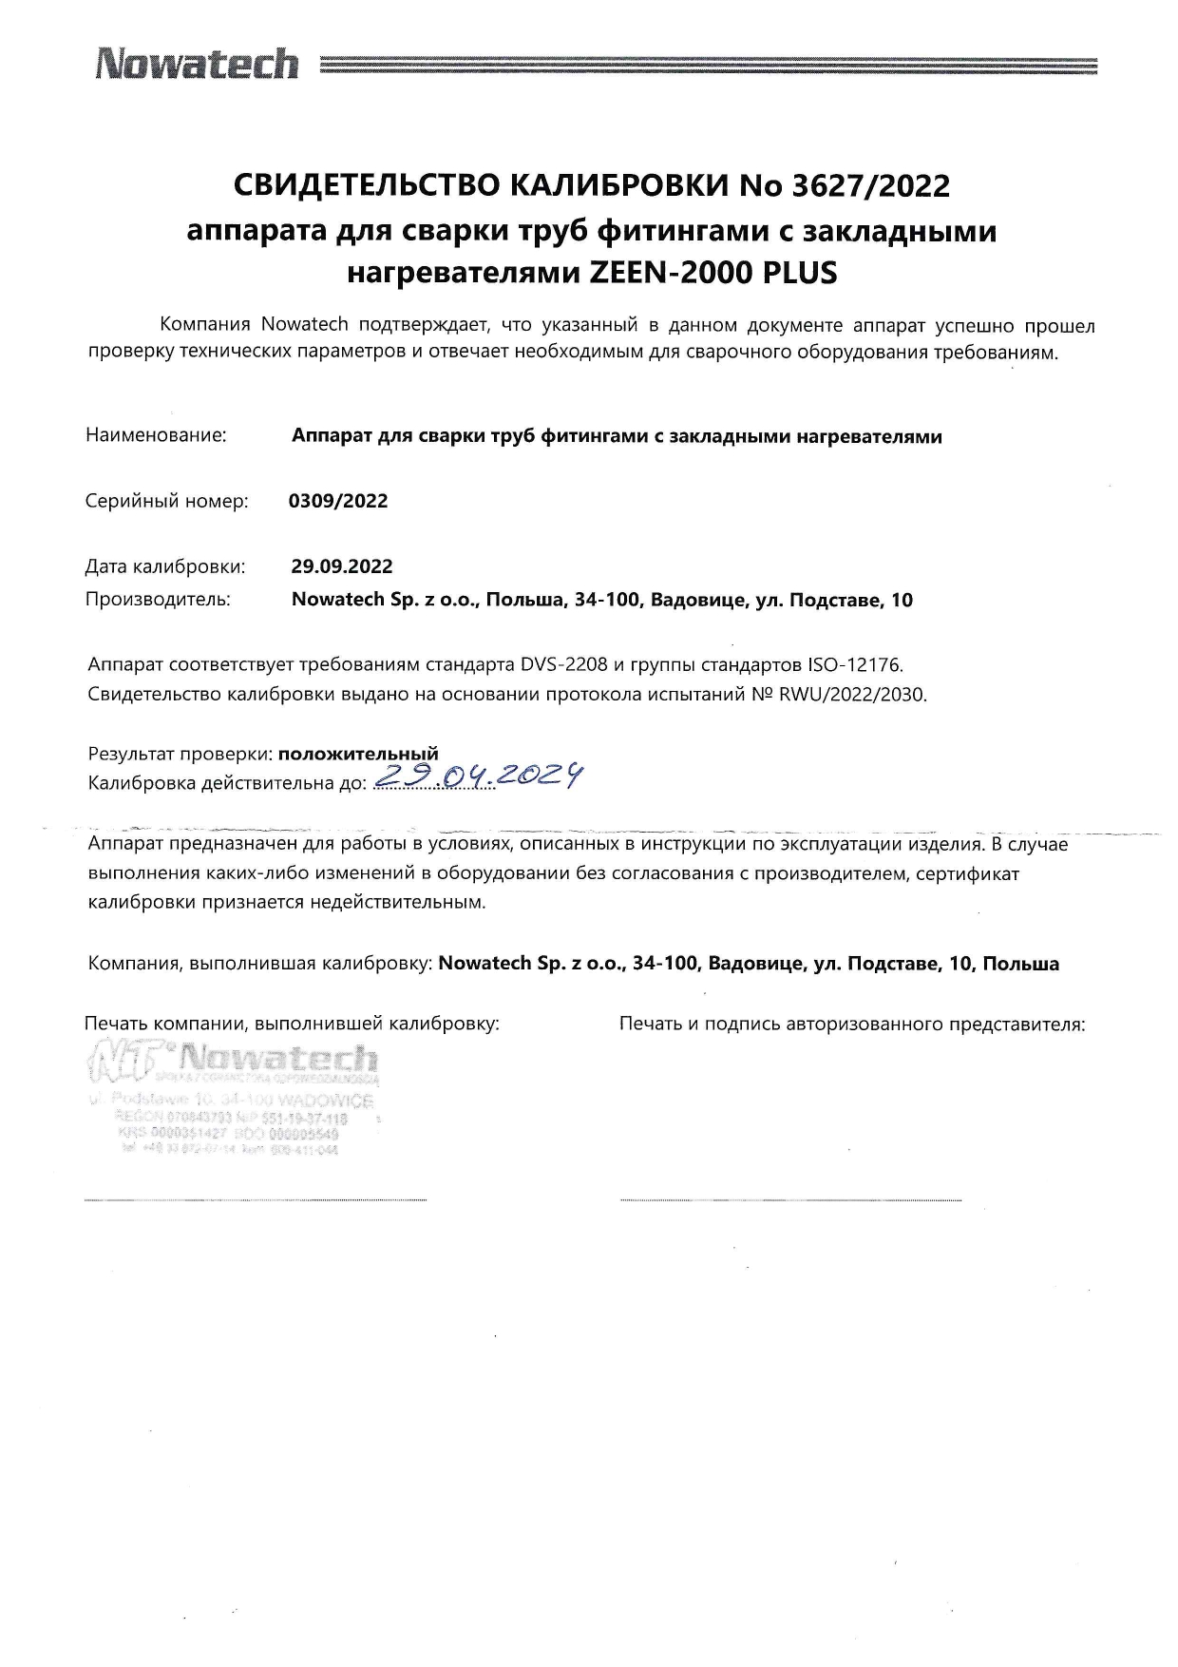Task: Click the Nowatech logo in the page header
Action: tap(196, 65)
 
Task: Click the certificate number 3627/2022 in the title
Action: tap(870, 186)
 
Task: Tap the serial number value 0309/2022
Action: tap(338, 501)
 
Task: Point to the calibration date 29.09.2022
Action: tap(342, 566)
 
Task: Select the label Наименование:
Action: tap(156, 436)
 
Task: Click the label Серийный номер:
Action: tap(166, 501)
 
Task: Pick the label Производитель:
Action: tap(158, 600)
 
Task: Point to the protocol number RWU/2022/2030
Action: tap(852, 694)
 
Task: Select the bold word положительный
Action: tap(358, 755)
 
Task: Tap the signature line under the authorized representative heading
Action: tap(790, 1199)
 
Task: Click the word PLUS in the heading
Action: tap(801, 274)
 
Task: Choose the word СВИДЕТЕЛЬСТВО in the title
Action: tap(358, 186)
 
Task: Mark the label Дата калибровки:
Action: tap(165, 566)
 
